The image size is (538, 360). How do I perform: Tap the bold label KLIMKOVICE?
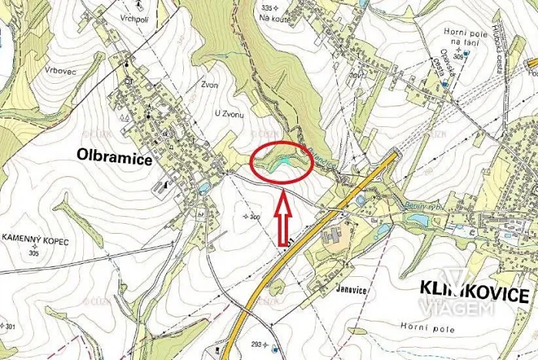[474, 293]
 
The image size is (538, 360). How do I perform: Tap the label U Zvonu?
[229, 114]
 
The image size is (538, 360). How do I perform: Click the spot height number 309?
[459, 57]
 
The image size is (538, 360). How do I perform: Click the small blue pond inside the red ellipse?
[283, 159]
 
